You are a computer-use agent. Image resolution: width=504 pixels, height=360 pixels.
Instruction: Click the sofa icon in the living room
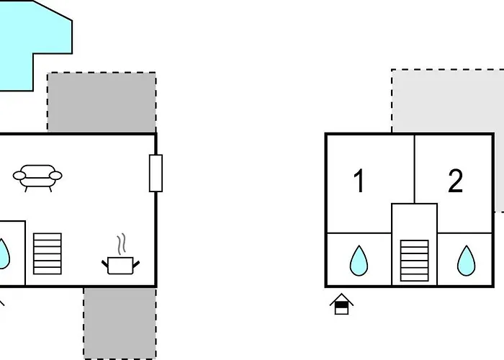[x=37, y=179]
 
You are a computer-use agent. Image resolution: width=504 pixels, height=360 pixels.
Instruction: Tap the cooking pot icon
[x=120, y=265]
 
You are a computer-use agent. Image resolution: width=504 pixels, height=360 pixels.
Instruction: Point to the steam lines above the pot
[x=121, y=244]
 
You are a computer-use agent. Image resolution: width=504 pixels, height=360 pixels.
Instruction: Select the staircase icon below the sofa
[x=48, y=254]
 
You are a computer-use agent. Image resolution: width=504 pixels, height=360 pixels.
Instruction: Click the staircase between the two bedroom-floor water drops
[x=414, y=261]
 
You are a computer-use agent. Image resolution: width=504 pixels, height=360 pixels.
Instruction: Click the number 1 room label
[x=359, y=181]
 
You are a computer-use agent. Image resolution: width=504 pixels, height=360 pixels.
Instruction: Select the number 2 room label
[x=456, y=181]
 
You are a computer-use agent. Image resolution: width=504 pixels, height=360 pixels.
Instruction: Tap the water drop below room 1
[x=359, y=261]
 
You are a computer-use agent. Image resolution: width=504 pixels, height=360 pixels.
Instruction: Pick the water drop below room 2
[x=466, y=261]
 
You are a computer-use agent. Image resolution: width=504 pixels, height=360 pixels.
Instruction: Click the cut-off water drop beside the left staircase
[x=4, y=253]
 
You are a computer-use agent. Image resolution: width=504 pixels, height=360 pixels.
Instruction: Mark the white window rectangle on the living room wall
[x=156, y=174]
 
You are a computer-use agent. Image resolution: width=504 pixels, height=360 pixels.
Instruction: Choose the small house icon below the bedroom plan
[x=341, y=304]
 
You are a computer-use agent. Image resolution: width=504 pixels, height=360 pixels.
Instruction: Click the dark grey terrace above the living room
[x=102, y=102]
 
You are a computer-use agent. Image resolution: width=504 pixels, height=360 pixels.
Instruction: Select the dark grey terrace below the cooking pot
[x=120, y=323]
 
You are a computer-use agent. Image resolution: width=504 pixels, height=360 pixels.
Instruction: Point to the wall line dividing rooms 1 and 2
[x=415, y=169]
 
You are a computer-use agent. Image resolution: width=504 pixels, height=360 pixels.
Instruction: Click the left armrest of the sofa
[x=19, y=176]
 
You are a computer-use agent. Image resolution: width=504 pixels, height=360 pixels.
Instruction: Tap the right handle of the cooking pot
[x=136, y=264]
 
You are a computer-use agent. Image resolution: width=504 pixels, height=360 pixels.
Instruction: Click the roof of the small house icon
[x=341, y=299]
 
